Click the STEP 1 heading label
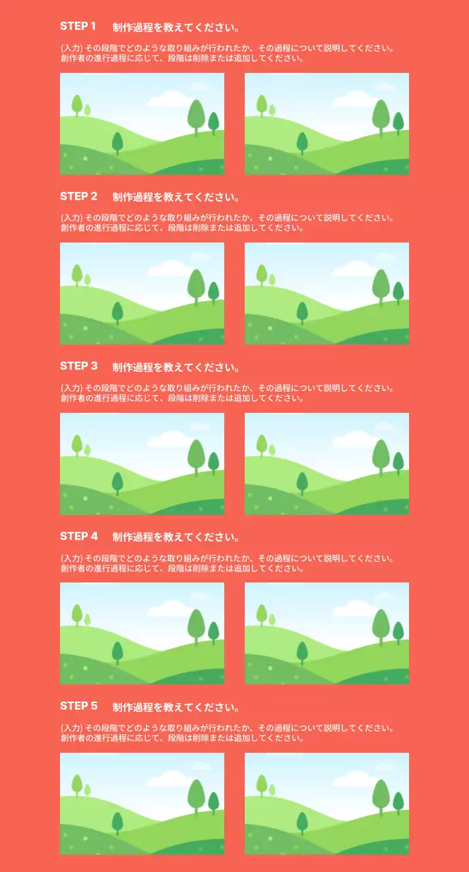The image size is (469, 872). (x=78, y=27)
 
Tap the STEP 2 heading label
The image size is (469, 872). (x=78, y=197)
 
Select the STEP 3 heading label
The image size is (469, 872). (x=78, y=367)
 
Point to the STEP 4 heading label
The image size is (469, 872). (x=78, y=536)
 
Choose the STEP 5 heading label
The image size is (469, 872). (x=78, y=706)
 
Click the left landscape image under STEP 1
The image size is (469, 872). (x=142, y=123)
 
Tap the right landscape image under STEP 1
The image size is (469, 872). (x=327, y=123)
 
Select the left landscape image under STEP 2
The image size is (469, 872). (x=142, y=293)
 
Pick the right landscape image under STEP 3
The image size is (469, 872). (x=327, y=463)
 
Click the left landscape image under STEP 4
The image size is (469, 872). (x=142, y=633)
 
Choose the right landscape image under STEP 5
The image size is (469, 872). (x=327, y=803)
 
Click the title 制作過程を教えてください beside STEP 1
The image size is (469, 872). (x=176, y=28)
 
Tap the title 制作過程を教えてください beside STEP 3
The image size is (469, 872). (x=176, y=368)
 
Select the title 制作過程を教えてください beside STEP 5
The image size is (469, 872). (x=176, y=707)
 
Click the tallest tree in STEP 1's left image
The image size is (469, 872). (x=196, y=116)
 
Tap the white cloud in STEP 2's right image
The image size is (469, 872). (x=353, y=270)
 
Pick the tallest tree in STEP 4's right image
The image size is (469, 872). (x=381, y=625)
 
